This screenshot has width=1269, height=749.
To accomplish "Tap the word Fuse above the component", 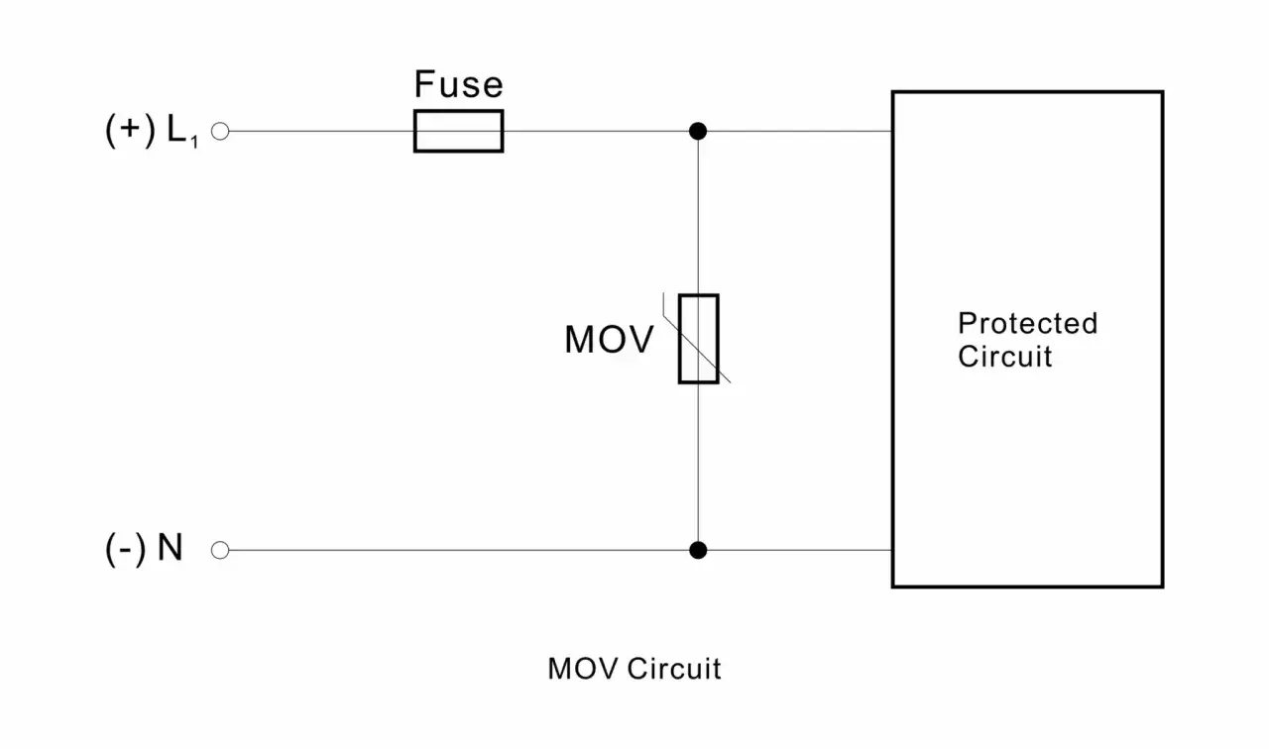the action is tap(458, 84).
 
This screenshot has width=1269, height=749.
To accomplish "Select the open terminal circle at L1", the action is tap(220, 132).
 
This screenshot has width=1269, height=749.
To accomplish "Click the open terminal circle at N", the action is tap(220, 550).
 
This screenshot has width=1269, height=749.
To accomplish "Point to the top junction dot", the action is tap(698, 132).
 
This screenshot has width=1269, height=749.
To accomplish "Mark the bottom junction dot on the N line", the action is tap(698, 550).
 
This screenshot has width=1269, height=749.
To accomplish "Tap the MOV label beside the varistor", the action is tap(609, 340).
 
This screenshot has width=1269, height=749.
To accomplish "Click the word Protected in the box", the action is tap(1028, 323).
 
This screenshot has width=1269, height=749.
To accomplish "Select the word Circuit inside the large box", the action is tap(1005, 356).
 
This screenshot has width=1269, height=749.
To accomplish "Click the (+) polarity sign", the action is tap(130, 130).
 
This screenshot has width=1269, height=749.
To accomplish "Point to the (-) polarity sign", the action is tap(126, 549).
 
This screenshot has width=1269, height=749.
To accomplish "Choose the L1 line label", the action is tap(182, 131).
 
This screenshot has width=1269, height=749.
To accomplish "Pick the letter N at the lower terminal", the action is tap(170, 548).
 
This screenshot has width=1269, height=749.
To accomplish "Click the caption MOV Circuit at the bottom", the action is tap(634, 669).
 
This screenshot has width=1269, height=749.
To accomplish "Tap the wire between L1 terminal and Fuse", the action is tap(322, 132).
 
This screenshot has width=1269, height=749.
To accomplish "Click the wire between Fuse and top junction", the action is tap(596, 132).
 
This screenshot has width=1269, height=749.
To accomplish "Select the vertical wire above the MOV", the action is tap(698, 217).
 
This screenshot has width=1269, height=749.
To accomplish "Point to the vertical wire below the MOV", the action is tap(698, 462).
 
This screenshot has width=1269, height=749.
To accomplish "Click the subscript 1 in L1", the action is tap(194, 142).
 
